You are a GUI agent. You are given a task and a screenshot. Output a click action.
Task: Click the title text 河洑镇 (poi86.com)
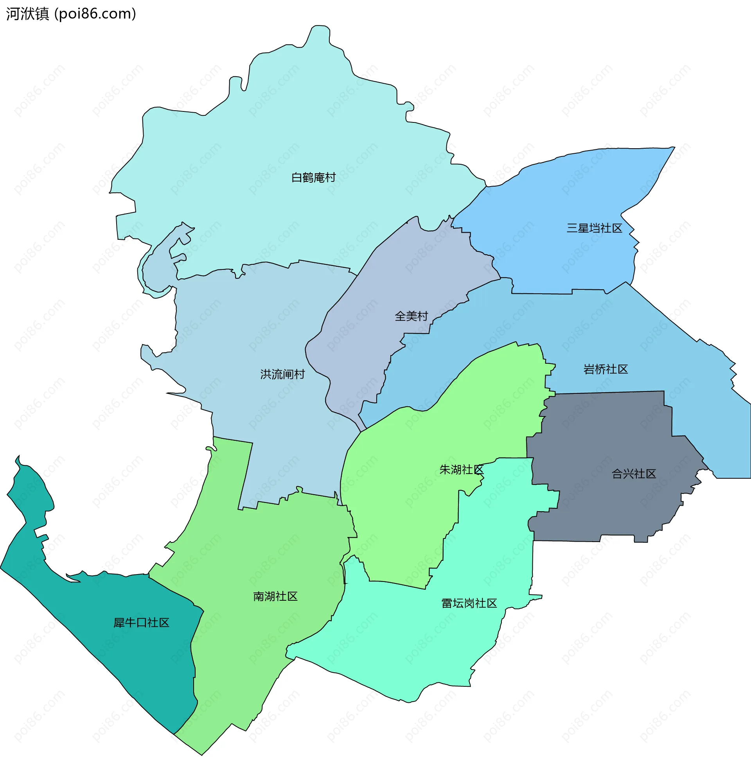(x=71, y=14)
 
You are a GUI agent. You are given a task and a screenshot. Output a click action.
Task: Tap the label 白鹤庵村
(x=313, y=177)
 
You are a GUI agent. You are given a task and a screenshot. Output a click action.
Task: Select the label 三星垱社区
(x=594, y=228)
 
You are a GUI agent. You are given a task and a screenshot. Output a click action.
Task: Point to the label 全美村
(x=411, y=316)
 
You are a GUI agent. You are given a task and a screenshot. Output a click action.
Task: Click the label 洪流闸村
(x=282, y=374)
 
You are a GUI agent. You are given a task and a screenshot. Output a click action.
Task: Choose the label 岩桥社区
(x=605, y=369)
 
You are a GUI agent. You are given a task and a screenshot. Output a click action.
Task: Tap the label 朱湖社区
(x=461, y=469)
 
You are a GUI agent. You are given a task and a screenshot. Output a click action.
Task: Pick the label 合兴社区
(x=633, y=474)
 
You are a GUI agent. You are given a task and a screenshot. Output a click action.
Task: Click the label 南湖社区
(x=275, y=596)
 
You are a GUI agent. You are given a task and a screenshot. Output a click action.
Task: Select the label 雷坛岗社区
(x=469, y=603)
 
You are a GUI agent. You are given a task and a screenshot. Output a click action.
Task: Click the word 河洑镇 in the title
(x=27, y=14)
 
